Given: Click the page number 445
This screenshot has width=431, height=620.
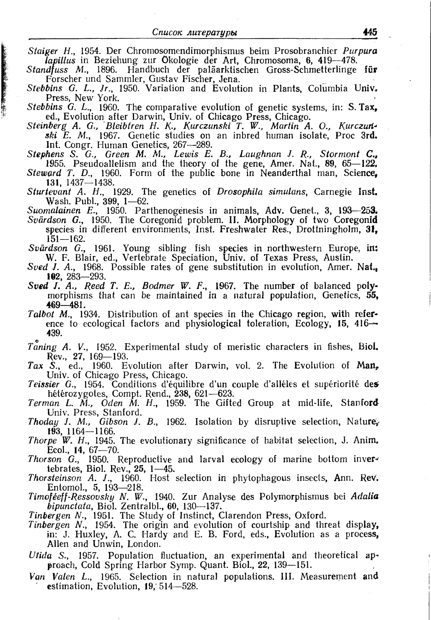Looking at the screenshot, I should pyautogui.click(x=370, y=32).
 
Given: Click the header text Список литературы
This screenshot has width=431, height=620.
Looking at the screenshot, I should pyautogui.click(x=195, y=32).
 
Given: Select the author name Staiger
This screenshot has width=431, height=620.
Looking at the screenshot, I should pyautogui.click(x=43, y=51).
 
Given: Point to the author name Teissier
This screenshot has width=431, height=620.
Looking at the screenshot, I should pyautogui.click(x=44, y=384).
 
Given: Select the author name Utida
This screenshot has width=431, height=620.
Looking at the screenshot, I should pyautogui.click(x=40, y=555).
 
